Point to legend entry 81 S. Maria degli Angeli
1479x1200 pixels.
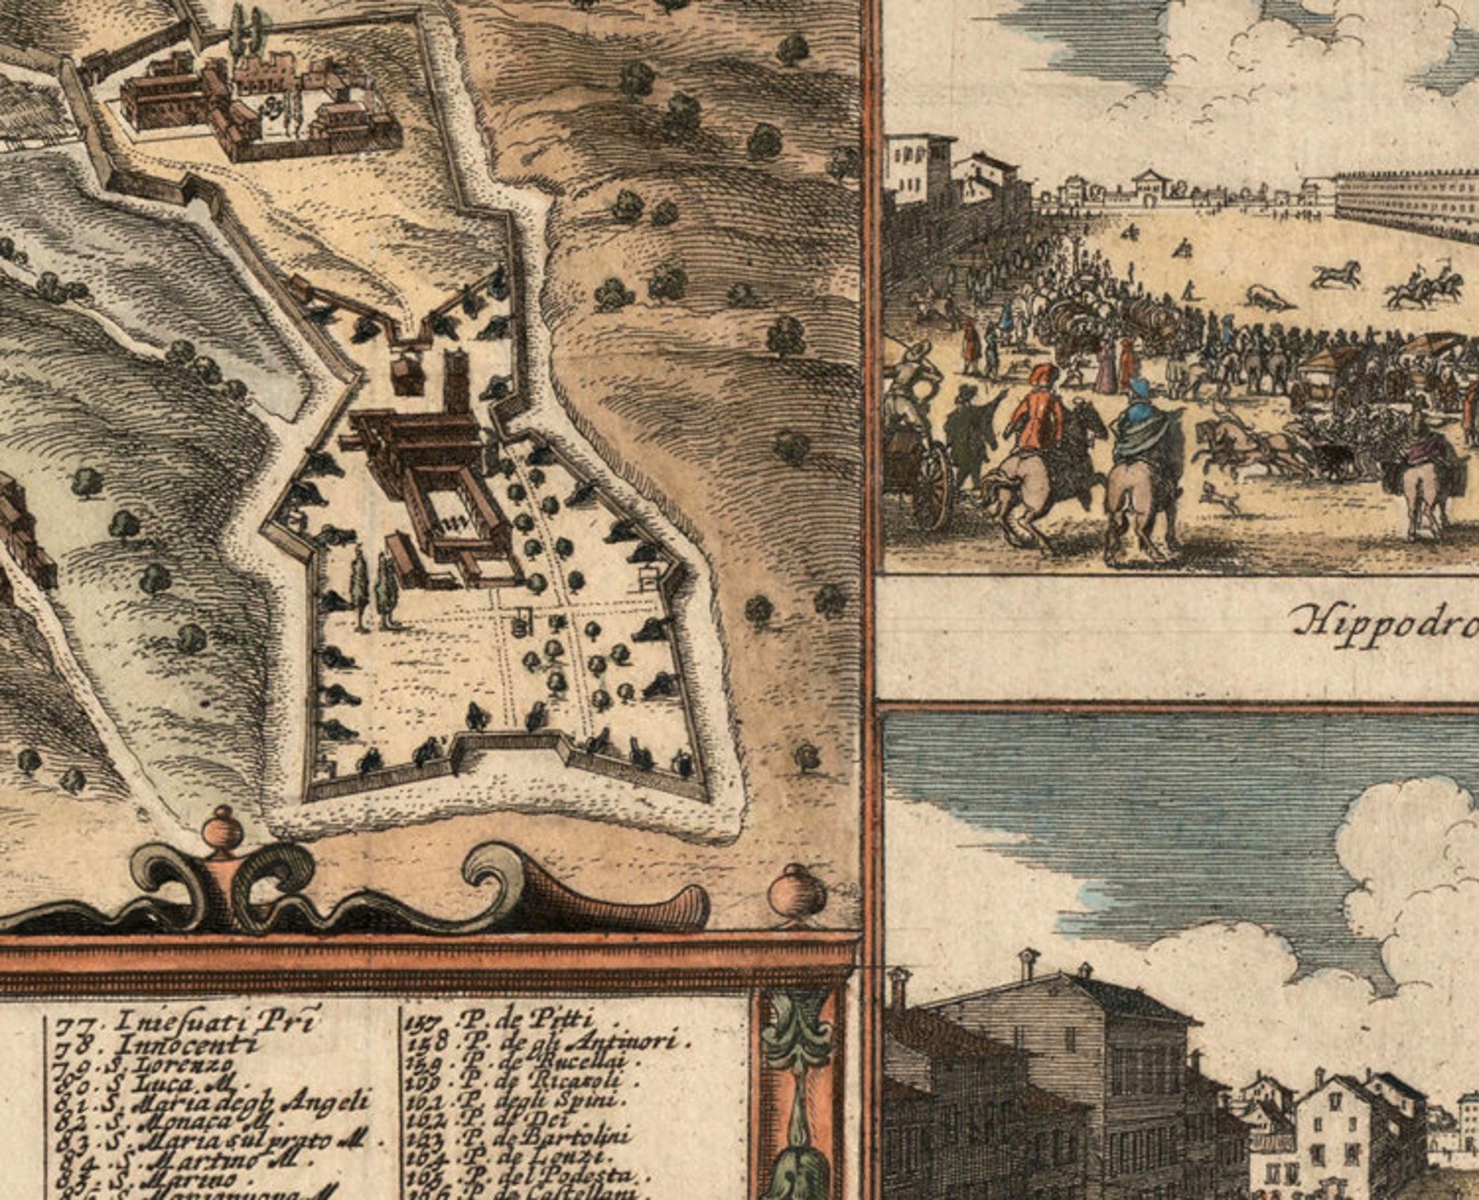coord(214,1102)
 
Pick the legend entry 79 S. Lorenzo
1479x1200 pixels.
coord(144,1063)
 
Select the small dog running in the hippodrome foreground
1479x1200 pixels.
coord(1221,498)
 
